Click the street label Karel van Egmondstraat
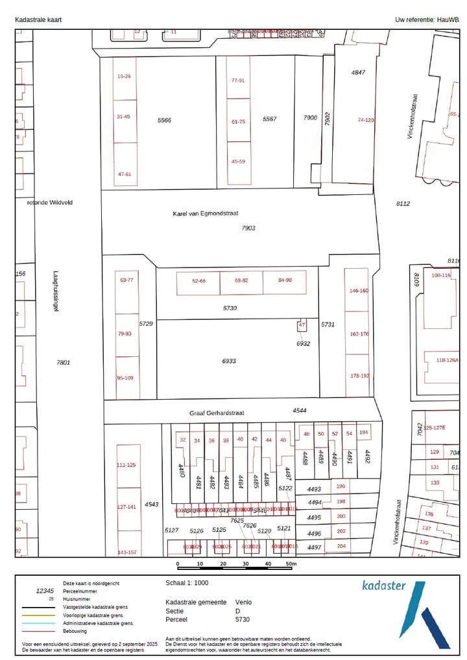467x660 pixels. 210,213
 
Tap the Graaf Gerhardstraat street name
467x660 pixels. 217,413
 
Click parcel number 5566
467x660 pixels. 164,120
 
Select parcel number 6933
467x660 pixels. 229,361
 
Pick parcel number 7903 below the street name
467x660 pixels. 248,228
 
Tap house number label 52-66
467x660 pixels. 198,281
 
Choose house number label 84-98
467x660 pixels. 285,280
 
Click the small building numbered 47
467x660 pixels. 302,324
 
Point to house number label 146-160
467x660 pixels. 359,291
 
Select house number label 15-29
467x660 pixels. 124,76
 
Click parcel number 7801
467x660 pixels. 63,363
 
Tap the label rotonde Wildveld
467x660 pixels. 50,202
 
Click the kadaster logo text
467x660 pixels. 384,586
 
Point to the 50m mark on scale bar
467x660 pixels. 290,564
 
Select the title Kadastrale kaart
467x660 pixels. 38,20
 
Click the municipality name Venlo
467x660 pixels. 244,602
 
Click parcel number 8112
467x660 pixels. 403,204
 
